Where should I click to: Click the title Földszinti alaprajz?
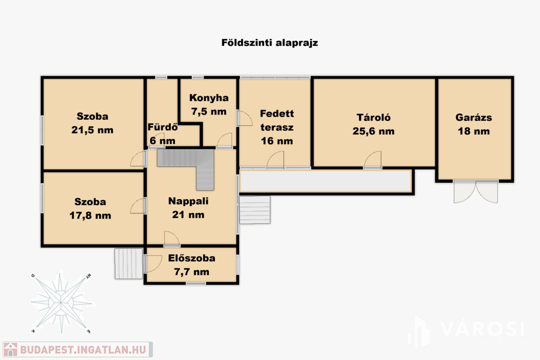coord(269,43)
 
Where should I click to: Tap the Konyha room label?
coord(209,98)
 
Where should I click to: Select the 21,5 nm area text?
coord(92,130)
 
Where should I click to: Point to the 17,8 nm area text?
coord(90,216)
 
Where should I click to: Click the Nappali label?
coord(188,201)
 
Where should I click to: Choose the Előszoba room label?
coord(191,258)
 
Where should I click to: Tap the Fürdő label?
coord(162,127)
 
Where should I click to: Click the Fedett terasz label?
coord(277,121)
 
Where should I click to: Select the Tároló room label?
coord(373,118)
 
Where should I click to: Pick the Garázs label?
coord(474,118)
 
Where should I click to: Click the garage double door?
coord(476,191)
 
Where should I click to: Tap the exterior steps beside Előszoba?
coord(129,264)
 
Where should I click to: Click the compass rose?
coord(61,303)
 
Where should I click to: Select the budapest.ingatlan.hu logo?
coord(78,349)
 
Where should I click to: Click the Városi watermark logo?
coord(467,331)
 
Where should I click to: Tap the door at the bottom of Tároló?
coord(373,160)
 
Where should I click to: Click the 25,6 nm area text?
coord(373,131)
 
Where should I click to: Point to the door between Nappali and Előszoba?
coord(171,239)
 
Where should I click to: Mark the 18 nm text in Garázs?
coord(474,131)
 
